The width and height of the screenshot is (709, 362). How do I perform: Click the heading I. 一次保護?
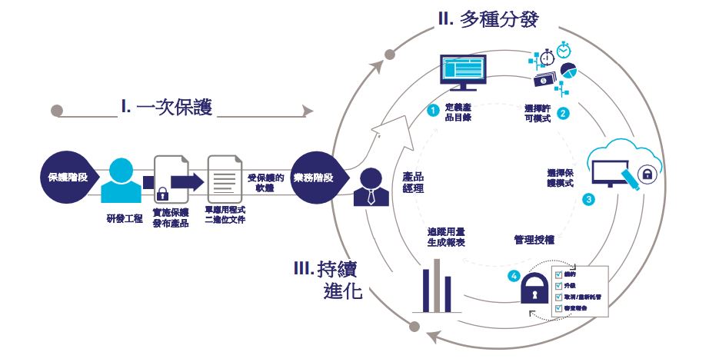[166, 107]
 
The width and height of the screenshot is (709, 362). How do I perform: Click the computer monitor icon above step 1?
[462, 73]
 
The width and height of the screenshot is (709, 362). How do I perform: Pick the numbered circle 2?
[563, 113]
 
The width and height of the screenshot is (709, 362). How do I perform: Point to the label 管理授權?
[534, 241]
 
